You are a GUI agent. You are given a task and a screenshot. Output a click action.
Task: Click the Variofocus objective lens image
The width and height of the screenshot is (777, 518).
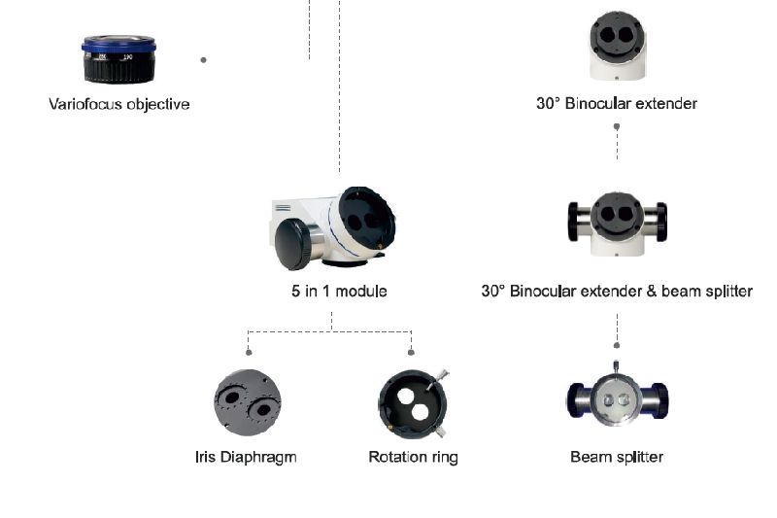(118, 59)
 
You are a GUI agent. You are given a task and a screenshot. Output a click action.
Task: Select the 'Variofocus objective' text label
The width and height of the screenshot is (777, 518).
(118, 104)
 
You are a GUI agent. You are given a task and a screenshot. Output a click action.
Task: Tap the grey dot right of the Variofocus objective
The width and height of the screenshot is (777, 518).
(203, 59)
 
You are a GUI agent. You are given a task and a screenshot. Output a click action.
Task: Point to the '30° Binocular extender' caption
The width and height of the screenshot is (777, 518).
(617, 103)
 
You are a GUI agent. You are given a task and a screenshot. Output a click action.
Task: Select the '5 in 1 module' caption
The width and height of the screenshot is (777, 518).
(332, 291)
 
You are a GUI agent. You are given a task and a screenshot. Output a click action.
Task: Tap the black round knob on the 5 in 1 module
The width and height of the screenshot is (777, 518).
(293, 244)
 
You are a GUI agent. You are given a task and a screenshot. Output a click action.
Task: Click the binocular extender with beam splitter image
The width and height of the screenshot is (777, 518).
(617, 223)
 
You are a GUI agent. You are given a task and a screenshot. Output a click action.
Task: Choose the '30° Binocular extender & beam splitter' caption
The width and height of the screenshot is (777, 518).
(617, 291)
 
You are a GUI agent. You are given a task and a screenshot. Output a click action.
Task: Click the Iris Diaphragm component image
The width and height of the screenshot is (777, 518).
(247, 402)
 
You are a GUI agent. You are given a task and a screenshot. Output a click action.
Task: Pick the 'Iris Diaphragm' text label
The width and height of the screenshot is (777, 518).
(246, 457)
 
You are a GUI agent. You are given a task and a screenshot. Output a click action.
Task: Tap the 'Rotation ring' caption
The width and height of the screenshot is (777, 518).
(413, 457)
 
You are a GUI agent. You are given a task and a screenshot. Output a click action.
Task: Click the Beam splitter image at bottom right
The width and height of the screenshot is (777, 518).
(617, 398)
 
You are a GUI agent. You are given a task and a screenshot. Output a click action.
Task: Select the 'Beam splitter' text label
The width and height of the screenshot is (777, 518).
(617, 457)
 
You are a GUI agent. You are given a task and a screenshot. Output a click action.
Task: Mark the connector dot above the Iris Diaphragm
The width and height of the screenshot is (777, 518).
(250, 351)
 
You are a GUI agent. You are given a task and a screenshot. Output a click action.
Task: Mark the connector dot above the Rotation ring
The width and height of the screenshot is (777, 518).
(412, 351)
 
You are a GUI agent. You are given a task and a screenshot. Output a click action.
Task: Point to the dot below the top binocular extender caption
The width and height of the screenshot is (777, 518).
(617, 126)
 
